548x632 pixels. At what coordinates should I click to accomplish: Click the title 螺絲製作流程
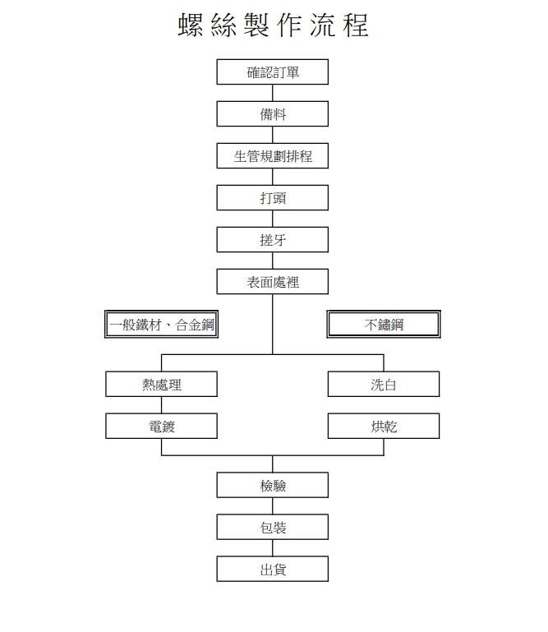(274, 25)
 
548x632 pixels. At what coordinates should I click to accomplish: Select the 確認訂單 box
(273, 72)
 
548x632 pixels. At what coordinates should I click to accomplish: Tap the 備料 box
(273, 114)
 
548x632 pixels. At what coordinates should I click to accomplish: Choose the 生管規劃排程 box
(273, 156)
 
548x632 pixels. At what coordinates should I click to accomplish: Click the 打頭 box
(273, 198)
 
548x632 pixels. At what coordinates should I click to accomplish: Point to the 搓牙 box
(273, 240)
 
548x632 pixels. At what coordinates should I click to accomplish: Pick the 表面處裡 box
(273, 282)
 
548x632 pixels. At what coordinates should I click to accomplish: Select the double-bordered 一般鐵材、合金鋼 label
(161, 324)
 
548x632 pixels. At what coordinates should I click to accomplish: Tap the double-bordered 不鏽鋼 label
(384, 324)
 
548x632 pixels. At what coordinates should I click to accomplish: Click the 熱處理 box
(161, 384)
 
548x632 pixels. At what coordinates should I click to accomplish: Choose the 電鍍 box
(161, 426)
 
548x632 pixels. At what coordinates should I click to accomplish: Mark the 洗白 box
(384, 384)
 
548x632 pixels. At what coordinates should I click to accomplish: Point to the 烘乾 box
(384, 426)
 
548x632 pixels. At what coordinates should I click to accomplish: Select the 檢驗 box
(273, 485)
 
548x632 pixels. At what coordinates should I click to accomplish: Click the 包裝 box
(273, 527)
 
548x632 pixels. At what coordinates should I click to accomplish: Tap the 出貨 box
(273, 569)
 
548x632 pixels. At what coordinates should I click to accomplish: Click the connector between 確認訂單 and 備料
(273, 93)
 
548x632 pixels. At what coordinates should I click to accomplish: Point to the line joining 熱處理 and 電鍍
(161, 405)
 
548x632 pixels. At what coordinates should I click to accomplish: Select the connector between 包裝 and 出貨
(273, 548)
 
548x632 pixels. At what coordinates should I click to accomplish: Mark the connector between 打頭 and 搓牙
(273, 219)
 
